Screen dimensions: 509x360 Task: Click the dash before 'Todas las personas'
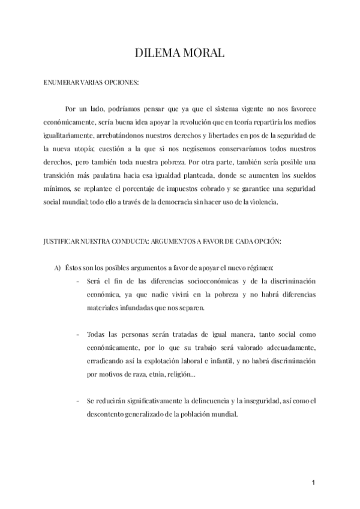click(x=79, y=334)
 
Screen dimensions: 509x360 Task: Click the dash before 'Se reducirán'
click(x=79, y=400)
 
